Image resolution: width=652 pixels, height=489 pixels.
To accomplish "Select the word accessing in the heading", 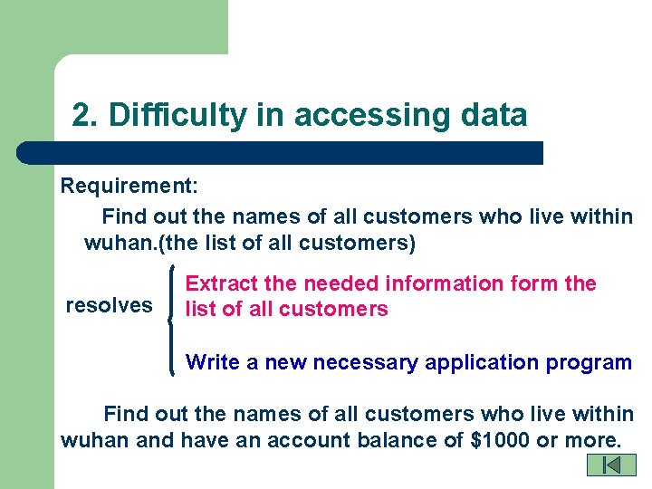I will (366, 116).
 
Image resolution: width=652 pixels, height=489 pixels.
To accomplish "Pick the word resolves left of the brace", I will (109, 305).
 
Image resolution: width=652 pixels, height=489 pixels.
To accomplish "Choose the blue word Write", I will (210, 362).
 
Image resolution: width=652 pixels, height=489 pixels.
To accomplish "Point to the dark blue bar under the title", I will (281, 152).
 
